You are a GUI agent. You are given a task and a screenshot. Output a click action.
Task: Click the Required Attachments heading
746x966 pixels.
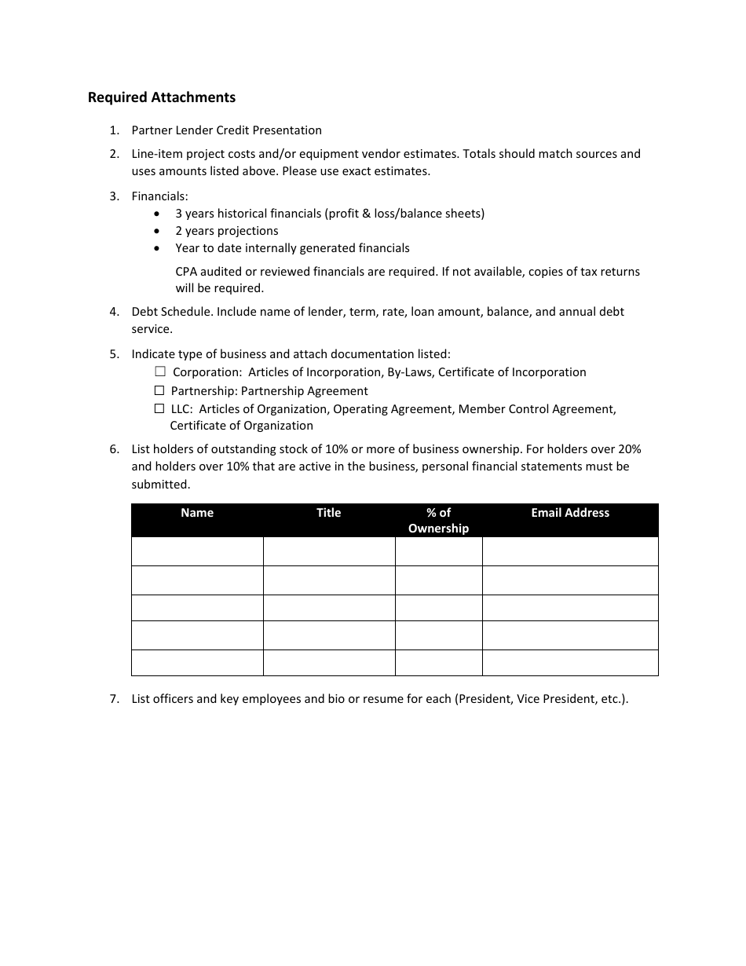pyautogui.click(x=161, y=97)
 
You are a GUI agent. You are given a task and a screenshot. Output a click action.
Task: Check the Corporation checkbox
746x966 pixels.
pyautogui.click(x=160, y=371)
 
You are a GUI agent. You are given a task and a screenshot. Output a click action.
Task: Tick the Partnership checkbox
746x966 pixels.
pyautogui.click(x=159, y=390)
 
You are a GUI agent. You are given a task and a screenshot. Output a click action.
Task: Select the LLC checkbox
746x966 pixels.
pyautogui.click(x=159, y=408)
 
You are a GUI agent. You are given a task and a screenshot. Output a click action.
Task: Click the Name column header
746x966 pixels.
pyautogui.click(x=197, y=513)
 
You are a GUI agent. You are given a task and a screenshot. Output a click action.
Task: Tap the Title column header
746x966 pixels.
pyautogui.click(x=328, y=513)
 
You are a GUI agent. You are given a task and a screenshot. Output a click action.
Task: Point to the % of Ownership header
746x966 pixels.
pyautogui.click(x=438, y=520)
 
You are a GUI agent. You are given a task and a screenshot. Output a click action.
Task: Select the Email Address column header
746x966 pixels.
pyautogui.click(x=570, y=513)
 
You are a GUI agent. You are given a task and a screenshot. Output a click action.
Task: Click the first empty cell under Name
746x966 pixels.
pyautogui.click(x=197, y=551)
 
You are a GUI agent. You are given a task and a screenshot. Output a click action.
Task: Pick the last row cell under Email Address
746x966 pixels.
pyautogui.click(x=570, y=663)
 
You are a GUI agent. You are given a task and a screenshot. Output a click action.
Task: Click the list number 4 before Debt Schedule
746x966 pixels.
pyautogui.click(x=115, y=312)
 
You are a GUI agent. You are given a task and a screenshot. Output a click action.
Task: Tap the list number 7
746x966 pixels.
pyautogui.click(x=115, y=699)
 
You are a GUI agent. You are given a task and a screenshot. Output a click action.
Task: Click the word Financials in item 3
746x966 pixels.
pyautogui.click(x=159, y=196)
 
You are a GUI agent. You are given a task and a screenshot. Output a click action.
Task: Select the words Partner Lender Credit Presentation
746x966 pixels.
pyautogui.click(x=226, y=130)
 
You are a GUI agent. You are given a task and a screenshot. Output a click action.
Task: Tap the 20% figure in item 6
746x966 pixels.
pyautogui.click(x=630, y=449)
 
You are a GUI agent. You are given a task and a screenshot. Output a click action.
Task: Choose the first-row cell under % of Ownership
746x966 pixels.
pyautogui.click(x=438, y=551)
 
